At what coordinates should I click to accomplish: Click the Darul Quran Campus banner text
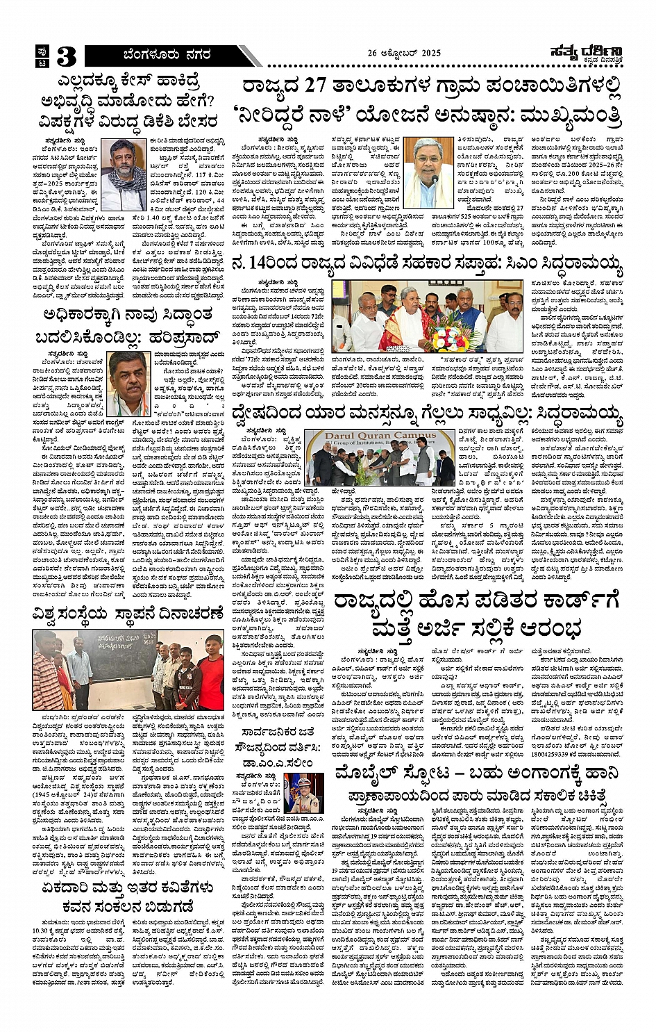[x=372, y=436]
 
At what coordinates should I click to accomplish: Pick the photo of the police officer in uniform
[x=303, y=793]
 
